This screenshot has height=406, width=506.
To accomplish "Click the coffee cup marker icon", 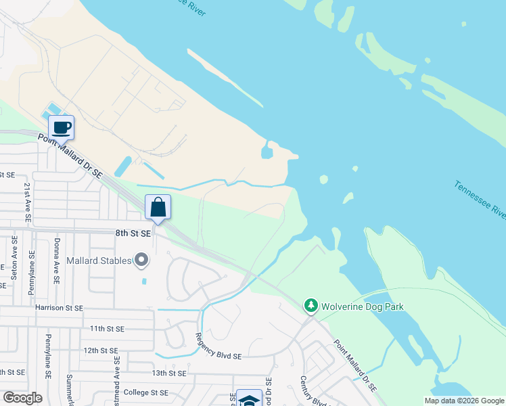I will [x=61, y=127].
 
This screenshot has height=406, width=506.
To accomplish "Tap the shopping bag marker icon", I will [x=158, y=208].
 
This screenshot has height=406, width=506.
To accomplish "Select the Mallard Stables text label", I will [x=99, y=260].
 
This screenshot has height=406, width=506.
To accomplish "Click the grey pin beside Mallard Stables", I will [x=141, y=259].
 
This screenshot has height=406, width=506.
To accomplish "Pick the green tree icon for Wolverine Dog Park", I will [x=311, y=307].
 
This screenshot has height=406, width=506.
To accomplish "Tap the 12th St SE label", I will [x=101, y=351].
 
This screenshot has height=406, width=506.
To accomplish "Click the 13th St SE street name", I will [x=168, y=373].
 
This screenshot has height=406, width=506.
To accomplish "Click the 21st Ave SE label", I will [x=28, y=202].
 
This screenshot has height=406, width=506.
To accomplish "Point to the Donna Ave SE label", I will [x=57, y=261].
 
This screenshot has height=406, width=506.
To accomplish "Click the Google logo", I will [x=23, y=398].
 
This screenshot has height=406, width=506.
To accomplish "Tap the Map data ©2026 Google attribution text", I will [x=463, y=401].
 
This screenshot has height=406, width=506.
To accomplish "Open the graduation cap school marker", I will [x=248, y=399].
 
